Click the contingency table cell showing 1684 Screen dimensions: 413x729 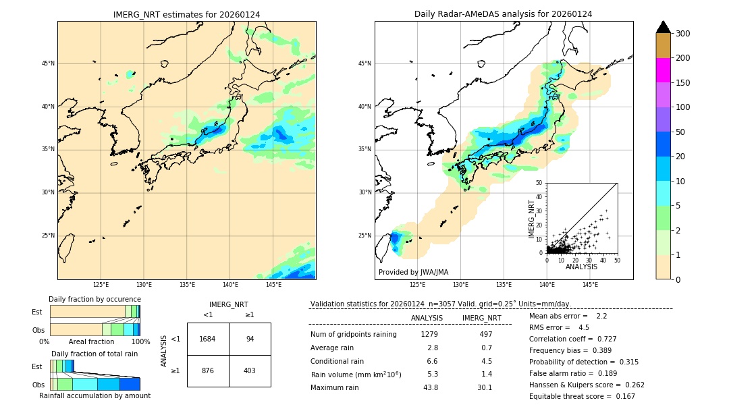[x=207, y=339]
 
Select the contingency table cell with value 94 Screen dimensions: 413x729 [x=250, y=339]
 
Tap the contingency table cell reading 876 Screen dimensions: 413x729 [x=207, y=370]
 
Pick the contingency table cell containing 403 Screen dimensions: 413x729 [x=250, y=370]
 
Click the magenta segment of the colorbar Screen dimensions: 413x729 [x=664, y=70]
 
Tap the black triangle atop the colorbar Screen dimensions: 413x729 [x=664, y=27]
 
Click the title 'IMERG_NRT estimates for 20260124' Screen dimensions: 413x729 [x=186, y=14]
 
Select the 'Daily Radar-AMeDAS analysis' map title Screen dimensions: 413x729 [x=503, y=14]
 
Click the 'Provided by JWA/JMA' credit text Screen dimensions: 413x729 [x=413, y=273]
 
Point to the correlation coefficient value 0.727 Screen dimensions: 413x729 [x=602, y=339]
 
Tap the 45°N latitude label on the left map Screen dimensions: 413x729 [x=47, y=63]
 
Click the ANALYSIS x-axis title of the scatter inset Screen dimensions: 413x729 [x=581, y=267]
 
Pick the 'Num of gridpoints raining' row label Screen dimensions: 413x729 [x=353, y=335]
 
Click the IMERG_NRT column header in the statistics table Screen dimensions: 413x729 [x=481, y=318]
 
